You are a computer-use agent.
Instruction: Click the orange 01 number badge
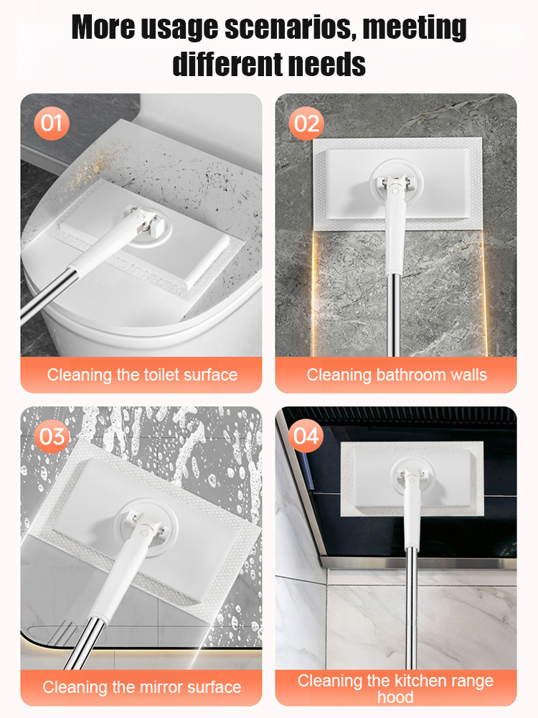51,123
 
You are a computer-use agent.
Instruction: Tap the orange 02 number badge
306,123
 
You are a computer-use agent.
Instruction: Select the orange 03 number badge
51,436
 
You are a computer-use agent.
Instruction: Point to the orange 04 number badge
306,436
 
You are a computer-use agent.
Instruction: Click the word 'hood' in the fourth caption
395,697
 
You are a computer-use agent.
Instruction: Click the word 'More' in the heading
105,29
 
